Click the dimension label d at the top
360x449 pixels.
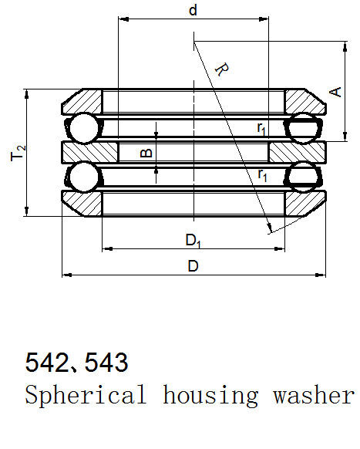[193, 10]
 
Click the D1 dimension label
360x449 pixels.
[193, 240]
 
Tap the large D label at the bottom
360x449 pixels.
[193, 266]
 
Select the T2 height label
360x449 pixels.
[18, 154]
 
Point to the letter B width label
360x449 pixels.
[146, 153]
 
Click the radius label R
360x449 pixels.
[222, 69]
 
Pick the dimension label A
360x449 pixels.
[335, 92]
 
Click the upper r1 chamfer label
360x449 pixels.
[261, 128]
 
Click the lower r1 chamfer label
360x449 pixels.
[262, 175]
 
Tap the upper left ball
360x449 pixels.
[84, 128]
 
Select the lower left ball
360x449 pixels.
[84, 177]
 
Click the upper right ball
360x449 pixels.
[304, 128]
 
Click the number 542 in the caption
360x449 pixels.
[47, 363]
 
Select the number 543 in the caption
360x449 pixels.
[106, 363]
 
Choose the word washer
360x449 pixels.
[314, 394]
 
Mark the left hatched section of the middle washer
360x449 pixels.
[90, 153]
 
